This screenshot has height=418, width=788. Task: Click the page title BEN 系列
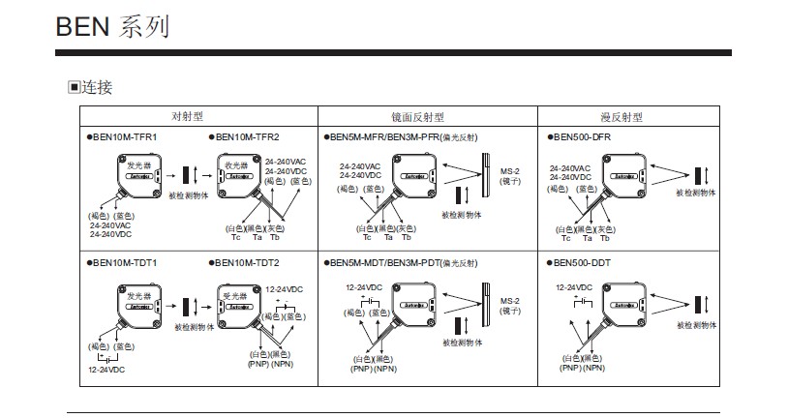click(112, 26)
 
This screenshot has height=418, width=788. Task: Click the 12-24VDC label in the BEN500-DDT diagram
click(575, 287)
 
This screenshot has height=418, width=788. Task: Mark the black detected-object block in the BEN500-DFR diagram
click(697, 176)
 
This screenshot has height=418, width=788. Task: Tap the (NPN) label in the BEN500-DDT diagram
click(593, 368)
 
